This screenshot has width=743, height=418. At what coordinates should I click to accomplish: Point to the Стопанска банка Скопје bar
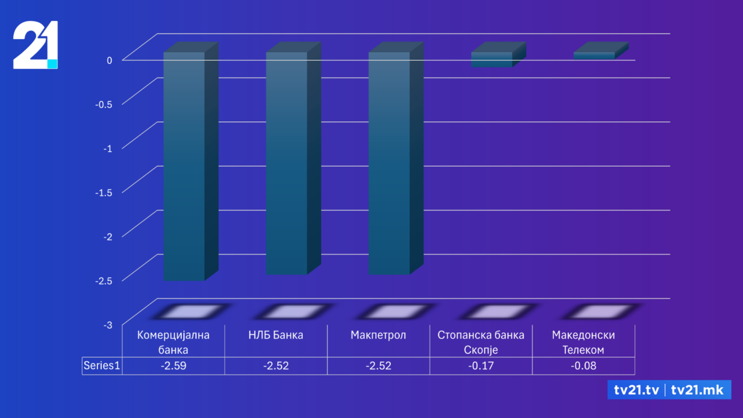(492, 59)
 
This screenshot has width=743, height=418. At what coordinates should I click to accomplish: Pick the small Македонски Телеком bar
(594, 56)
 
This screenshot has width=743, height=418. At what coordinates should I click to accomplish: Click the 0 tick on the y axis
(109, 60)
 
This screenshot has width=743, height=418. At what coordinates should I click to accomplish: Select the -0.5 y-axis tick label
(103, 104)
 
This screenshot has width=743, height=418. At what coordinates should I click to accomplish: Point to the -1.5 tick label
(103, 192)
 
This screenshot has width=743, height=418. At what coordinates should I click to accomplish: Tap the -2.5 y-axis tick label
(103, 280)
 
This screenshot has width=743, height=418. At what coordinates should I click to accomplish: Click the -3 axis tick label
(108, 324)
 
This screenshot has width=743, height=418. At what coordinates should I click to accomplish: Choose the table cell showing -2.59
(173, 366)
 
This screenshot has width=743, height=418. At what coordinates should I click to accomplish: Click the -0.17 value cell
(480, 366)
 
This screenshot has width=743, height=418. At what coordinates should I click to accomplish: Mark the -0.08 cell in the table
(583, 366)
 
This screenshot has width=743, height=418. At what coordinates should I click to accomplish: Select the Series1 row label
(102, 366)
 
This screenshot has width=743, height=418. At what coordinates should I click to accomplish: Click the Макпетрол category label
(378, 336)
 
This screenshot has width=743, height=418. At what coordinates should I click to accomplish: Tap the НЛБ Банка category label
(276, 336)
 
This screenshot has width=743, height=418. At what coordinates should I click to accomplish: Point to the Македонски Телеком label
(583, 342)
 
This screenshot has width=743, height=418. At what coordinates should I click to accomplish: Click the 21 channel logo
(36, 45)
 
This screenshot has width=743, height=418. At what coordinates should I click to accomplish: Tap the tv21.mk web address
(698, 390)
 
